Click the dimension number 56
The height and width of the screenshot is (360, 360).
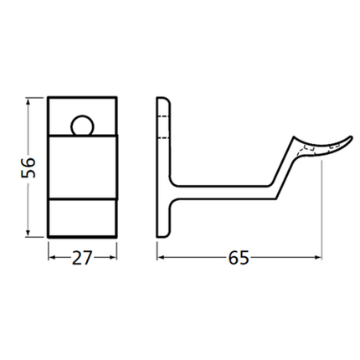click(27, 166)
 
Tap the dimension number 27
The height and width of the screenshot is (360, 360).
click(80, 259)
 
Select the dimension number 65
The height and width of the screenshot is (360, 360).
click(238, 259)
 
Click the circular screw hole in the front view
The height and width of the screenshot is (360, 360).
click(81, 126)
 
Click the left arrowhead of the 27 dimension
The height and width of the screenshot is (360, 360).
click(52, 259)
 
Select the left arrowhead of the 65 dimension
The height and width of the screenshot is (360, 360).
click(162, 259)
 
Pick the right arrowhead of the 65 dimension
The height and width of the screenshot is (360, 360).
click(317, 259)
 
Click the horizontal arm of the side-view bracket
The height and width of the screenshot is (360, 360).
click(226, 192)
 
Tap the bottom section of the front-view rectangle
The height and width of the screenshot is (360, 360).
click(81, 217)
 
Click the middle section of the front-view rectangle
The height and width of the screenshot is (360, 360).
click(81, 167)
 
